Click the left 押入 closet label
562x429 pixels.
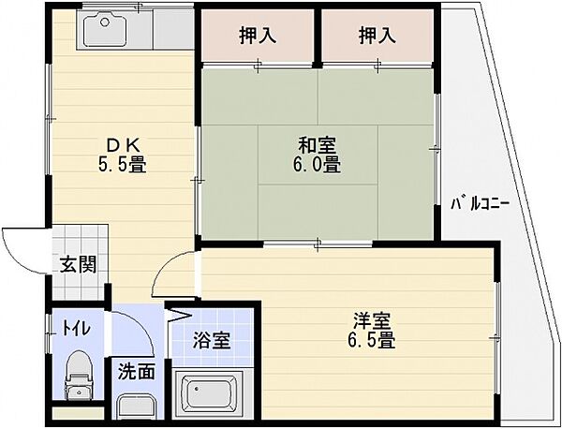click(258, 36)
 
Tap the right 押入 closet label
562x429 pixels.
click(377, 36)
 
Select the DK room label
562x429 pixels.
click(122, 145)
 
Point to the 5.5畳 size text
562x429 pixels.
click(122, 165)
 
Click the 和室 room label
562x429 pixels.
click(317, 145)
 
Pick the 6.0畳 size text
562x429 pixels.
click(317, 165)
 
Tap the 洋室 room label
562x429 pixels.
click(372, 320)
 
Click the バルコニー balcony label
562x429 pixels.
click(480, 204)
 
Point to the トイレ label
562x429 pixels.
click(76, 329)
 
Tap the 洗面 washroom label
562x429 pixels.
click(137, 371)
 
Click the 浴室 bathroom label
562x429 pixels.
click(212, 340)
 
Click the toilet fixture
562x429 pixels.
click(78, 376)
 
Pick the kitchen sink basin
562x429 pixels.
click(105, 28)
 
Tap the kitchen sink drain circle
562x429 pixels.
click(105, 22)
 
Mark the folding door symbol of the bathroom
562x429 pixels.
click(179, 314)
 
